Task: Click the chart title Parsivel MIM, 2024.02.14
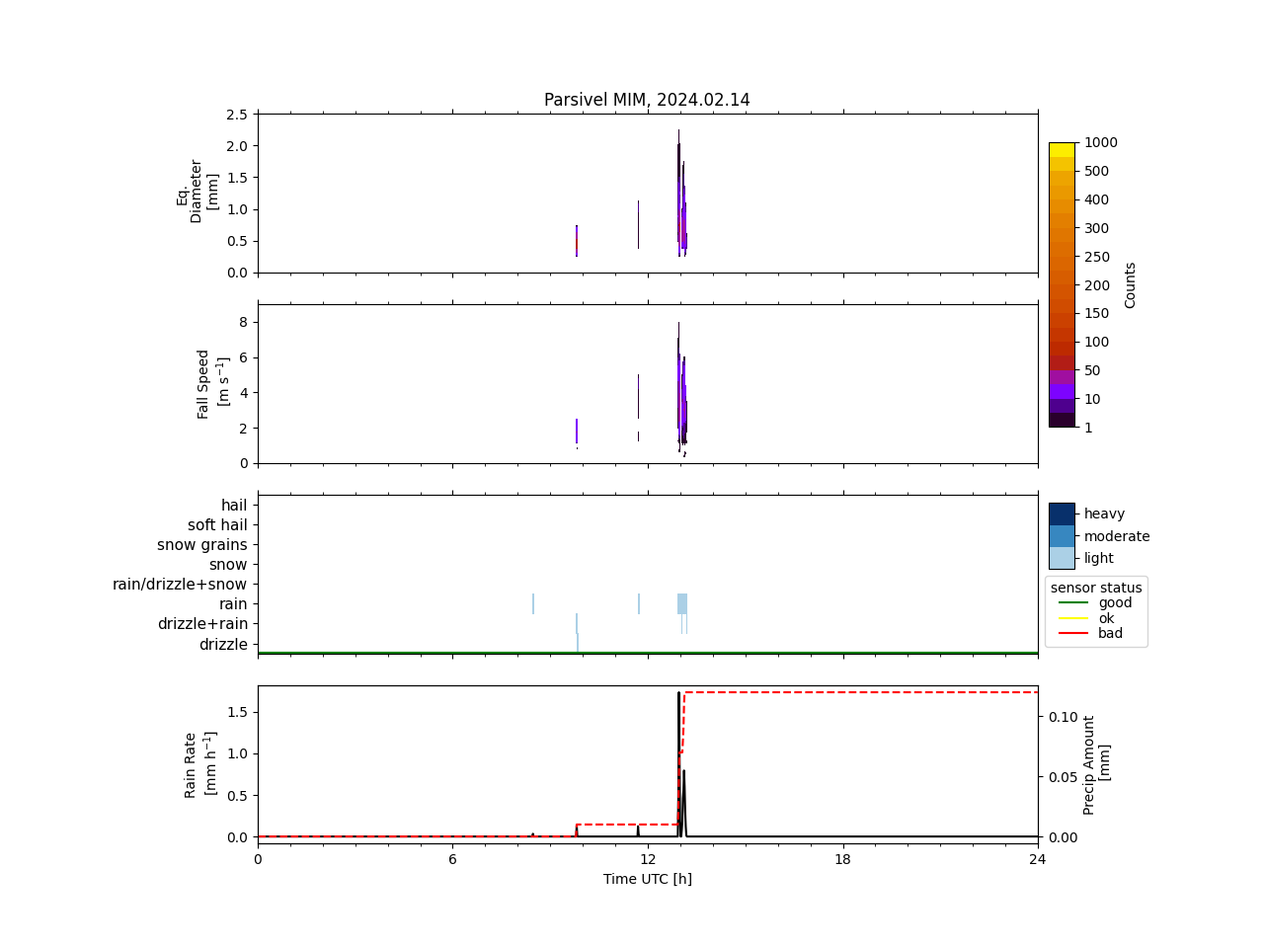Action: [x=647, y=100]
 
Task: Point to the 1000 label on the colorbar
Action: [x=1101, y=142]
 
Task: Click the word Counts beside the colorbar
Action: [x=1130, y=284]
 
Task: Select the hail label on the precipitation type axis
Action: [x=234, y=506]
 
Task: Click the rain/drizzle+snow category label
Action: [x=180, y=585]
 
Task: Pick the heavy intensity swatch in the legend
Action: [x=1062, y=513]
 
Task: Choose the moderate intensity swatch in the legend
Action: [x=1062, y=536]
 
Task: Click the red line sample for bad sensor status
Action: [x=1074, y=634]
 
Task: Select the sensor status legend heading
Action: [x=1096, y=588]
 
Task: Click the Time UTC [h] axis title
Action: [x=647, y=879]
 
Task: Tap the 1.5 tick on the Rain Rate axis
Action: [x=236, y=712]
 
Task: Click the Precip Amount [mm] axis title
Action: [x=1096, y=764]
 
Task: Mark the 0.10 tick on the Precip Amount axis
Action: [x=1064, y=717]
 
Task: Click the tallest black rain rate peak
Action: [x=678, y=695]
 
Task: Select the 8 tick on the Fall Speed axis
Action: [x=242, y=322]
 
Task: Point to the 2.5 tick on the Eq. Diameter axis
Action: [x=236, y=115]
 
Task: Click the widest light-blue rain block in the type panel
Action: [x=682, y=603]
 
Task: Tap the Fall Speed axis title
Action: [x=211, y=384]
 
